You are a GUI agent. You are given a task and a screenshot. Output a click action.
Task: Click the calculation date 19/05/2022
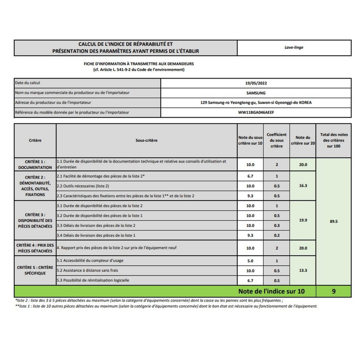click(256, 83)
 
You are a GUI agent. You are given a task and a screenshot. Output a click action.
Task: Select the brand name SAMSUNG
click(256, 93)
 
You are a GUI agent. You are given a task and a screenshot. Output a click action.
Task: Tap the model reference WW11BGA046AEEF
click(256, 112)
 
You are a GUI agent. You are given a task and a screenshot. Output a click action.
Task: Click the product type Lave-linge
click(294, 48)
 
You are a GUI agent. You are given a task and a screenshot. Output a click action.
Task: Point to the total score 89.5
click(334, 221)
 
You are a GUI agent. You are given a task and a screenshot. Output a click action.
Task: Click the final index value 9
click(334, 291)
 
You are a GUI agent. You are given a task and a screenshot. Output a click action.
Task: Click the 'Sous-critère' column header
click(147, 140)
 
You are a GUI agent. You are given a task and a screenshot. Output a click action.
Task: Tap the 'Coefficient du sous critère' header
click(276, 140)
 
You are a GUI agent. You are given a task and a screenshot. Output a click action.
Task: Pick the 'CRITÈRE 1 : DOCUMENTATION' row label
click(35, 164)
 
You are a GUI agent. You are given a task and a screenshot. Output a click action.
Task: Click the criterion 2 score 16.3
click(303, 186)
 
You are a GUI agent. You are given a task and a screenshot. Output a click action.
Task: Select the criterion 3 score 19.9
click(303, 220)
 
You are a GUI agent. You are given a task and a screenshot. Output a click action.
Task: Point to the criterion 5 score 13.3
click(303, 270)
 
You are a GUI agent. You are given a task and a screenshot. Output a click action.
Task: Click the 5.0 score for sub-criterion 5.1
click(250, 261)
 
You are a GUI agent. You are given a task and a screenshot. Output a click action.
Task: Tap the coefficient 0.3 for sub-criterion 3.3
click(277, 225)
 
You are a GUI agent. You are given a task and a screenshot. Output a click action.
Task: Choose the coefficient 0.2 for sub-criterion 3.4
click(277, 235)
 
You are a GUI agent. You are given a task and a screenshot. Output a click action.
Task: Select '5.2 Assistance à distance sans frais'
click(87, 270)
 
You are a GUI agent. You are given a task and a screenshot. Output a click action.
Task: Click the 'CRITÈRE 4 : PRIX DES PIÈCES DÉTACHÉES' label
click(35, 248)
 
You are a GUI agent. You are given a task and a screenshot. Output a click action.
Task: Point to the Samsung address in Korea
click(256, 103)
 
